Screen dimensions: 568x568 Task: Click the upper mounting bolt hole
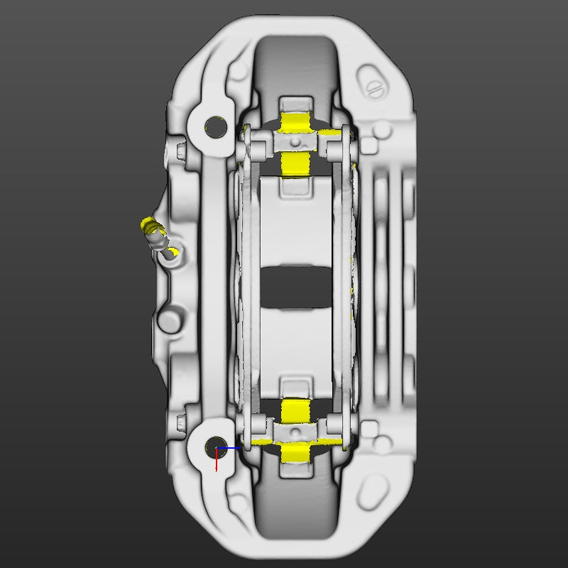click(212, 127)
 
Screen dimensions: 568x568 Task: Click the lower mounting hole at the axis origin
click(213, 448)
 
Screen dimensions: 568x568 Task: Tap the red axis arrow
click(216, 462)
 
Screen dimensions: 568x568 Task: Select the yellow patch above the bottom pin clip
click(293, 410)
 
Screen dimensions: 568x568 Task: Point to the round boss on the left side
click(170, 319)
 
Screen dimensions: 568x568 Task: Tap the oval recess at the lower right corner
click(373, 488)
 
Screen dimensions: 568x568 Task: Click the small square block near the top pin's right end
click(368, 146)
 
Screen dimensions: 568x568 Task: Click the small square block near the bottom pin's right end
click(368, 429)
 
